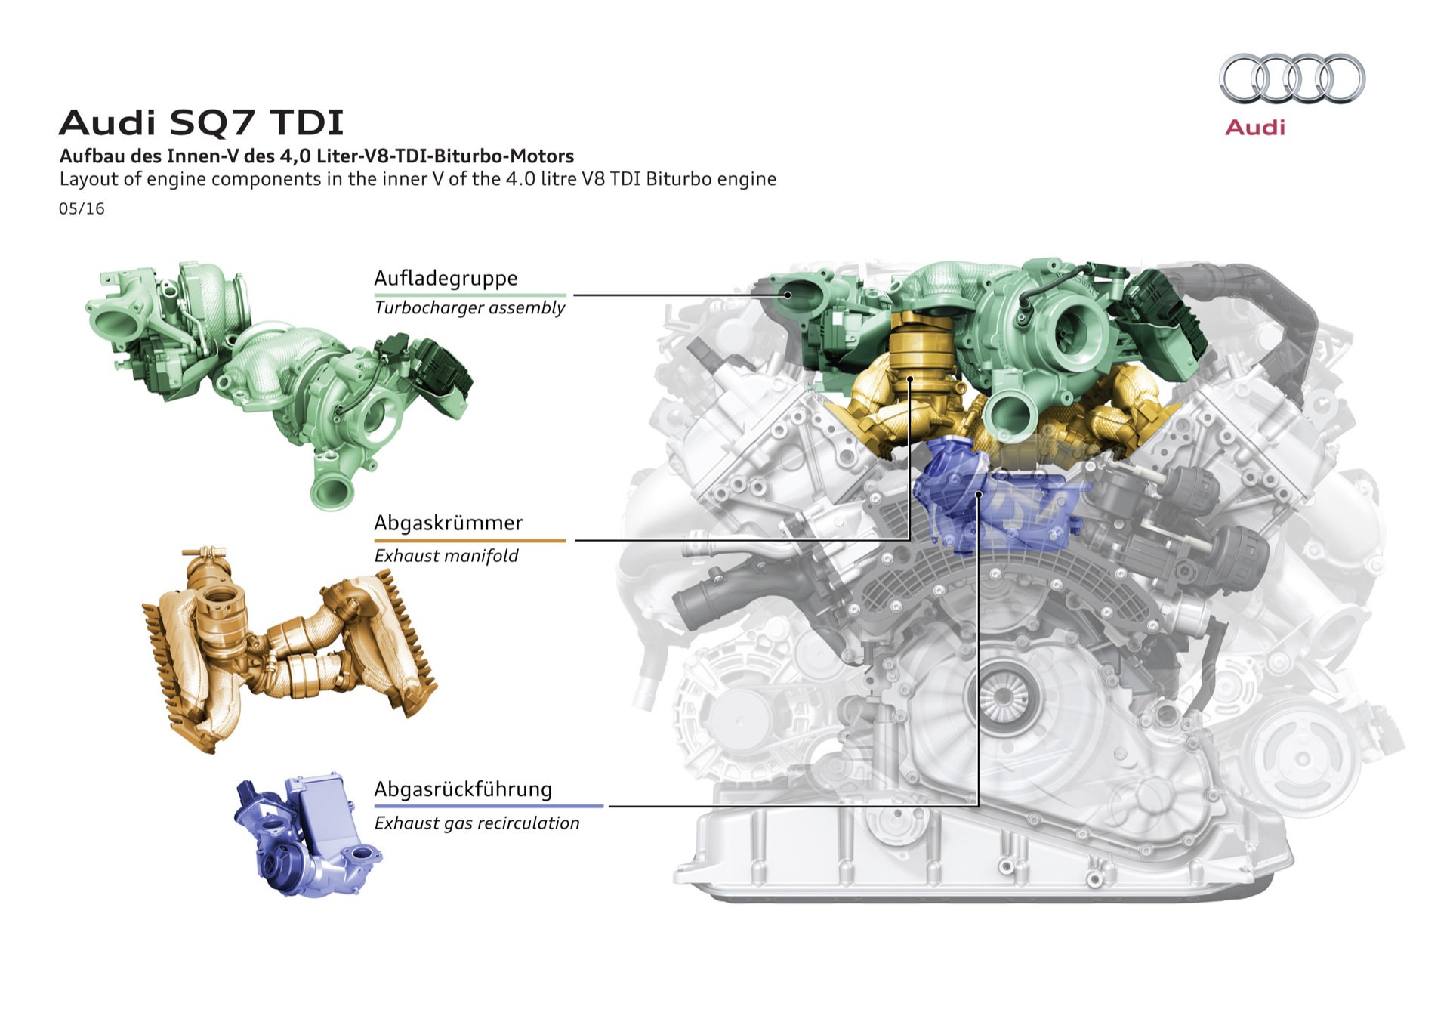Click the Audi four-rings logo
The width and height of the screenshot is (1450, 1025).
pyautogui.click(x=1292, y=79)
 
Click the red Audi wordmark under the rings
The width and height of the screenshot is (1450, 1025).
pyautogui.click(x=1255, y=127)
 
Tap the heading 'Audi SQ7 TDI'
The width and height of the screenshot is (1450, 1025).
pyautogui.click(x=201, y=122)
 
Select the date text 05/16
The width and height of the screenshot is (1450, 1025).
pyautogui.click(x=82, y=208)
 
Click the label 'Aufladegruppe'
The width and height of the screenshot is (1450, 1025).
pyautogui.click(x=446, y=278)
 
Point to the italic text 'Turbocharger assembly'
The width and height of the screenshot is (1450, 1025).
pyautogui.click(x=470, y=308)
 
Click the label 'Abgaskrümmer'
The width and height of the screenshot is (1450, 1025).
pyautogui.click(x=449, y=523)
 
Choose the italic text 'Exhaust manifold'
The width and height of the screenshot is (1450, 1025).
pyautogui.click(x=446, y=556)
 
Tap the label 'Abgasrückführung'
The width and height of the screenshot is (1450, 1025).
pyautogui.click(x=463, y=789)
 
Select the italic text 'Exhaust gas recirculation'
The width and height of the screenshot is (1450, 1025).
pyautogui.click(x=477, y=823)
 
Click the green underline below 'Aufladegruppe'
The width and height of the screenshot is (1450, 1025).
pyautogui.click(x=470, y=295)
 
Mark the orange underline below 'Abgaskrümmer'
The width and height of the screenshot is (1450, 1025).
pyautogui.click(x=470, y=540)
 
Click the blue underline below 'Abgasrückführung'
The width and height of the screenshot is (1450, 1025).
pyautogui.click(x=489, y=806)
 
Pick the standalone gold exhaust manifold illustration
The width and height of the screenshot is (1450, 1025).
pyautogui.click(x=289, y=650)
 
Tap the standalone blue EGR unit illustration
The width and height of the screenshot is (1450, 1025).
pyautogui.click(x=307, y=835)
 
